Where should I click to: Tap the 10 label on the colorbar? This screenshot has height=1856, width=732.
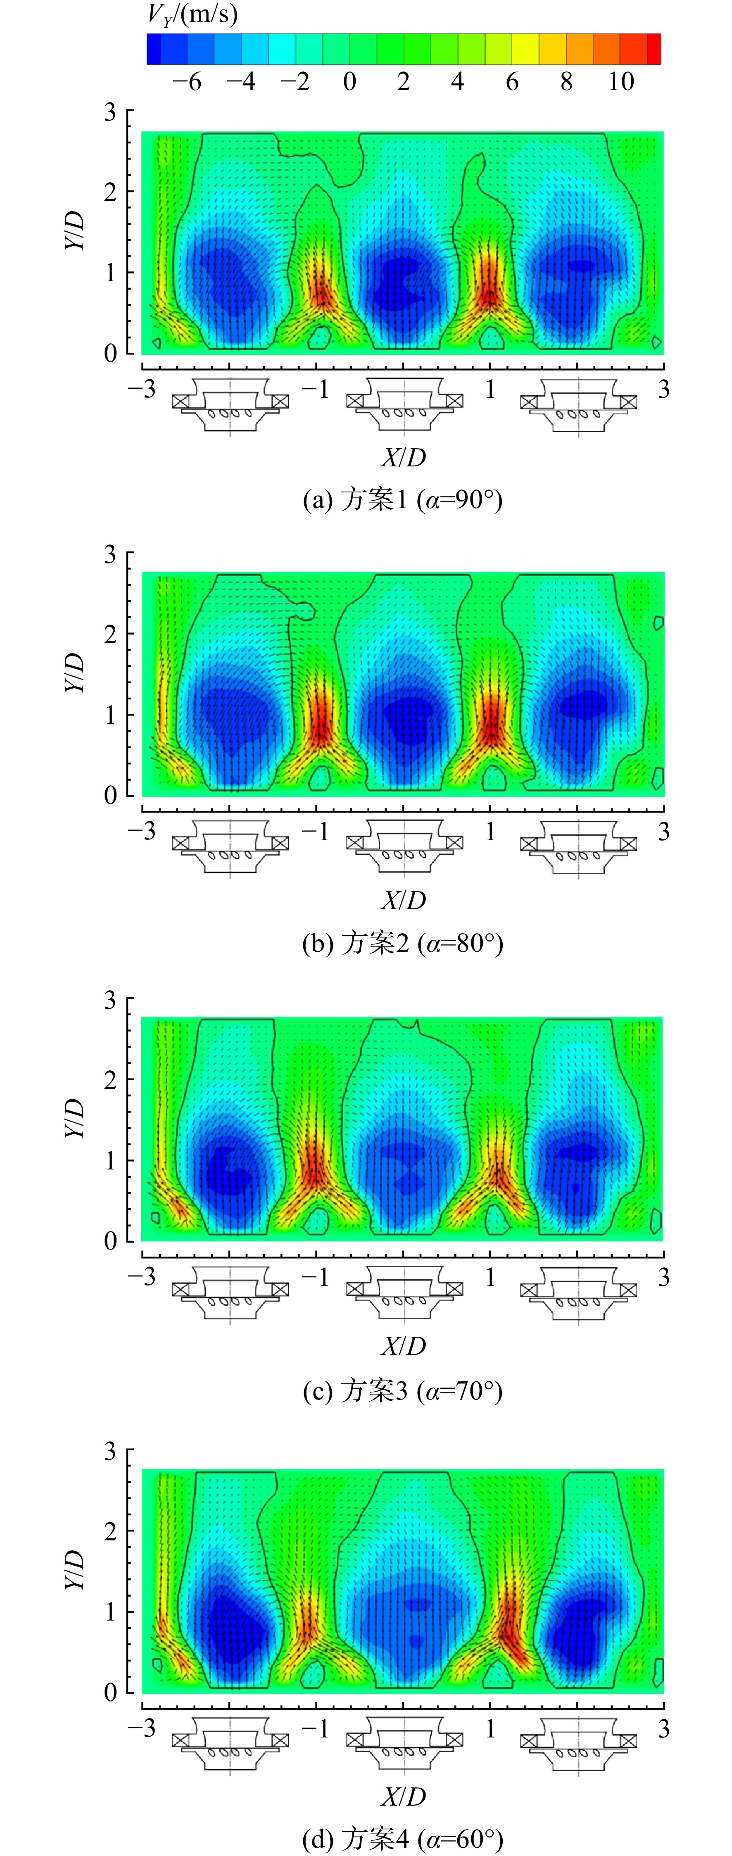tap(621, 81)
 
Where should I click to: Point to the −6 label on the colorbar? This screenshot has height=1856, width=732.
tap(187, 81)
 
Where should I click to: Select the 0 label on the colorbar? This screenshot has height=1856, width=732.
tap(349, 81)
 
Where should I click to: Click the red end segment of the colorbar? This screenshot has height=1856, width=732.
tap(654, 49)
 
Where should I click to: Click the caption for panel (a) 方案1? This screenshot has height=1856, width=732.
tap(402, 499)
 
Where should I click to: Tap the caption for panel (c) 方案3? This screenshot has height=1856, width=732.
tap(402, 1390)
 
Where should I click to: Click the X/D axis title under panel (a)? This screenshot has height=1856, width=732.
tap(404, 458)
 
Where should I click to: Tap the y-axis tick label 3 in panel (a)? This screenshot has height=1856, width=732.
tap(109, 112)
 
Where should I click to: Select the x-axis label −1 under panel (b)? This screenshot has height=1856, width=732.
tap(315, 832)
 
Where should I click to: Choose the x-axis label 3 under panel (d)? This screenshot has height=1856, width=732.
tap(663, 1728)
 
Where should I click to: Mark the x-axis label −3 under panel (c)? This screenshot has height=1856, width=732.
tap(141, 1277)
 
